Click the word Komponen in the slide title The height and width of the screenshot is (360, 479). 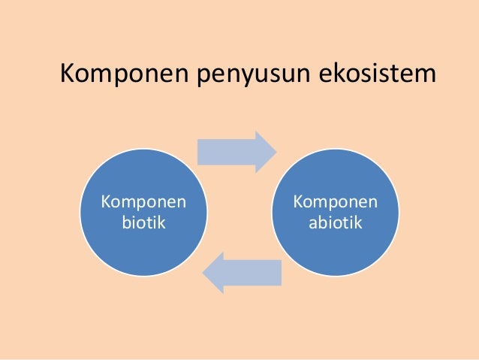click(124, 74)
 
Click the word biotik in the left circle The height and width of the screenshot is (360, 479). click(143, 223)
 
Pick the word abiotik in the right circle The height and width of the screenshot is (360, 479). click(335, 223)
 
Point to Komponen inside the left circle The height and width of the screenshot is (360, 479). click(143, 203)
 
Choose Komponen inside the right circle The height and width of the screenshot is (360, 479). click(336, 203)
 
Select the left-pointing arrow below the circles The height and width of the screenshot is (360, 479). click(242, 272)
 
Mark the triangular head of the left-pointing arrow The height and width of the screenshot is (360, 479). click(215, 272)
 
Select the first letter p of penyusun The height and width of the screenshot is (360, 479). click(204, 78)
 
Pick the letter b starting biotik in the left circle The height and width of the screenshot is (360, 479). click(124, 222)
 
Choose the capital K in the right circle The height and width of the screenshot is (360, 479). click(298, 202)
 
